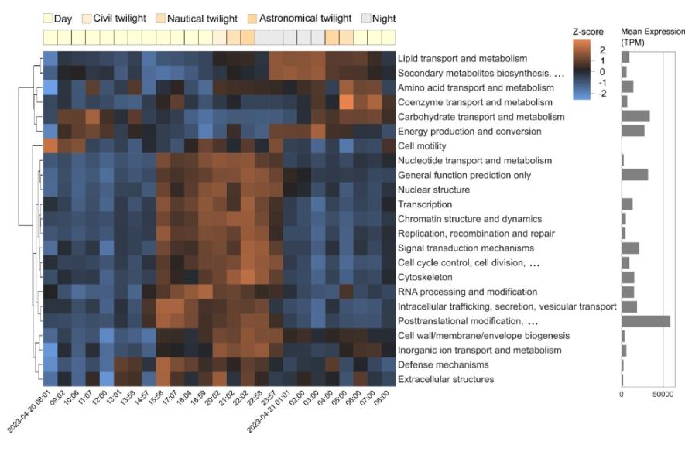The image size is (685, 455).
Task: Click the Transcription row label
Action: [x=424, y=204]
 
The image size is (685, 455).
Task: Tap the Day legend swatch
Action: [x=47, y=17]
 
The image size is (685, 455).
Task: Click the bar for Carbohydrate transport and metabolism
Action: [x=635, y=117]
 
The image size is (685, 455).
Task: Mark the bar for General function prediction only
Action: [x=635, y=175]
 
